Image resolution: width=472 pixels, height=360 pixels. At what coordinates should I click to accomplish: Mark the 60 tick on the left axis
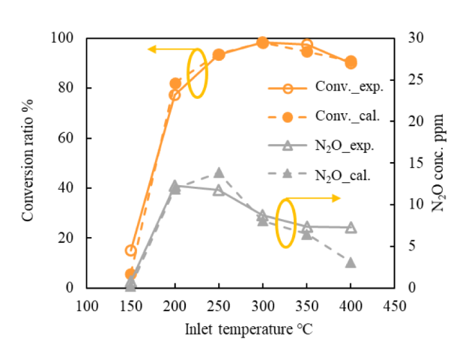(x=65, y=138)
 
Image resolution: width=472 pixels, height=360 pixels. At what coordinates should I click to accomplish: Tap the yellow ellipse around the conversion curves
(x=196, y=73)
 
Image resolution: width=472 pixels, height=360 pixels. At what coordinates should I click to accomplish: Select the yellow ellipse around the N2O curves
(x=285, y=223)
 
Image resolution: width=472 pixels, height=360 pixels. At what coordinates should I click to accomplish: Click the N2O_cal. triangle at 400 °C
(x=351, y=262)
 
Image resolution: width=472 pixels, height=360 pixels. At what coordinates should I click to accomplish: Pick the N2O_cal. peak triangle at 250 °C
(x=219, y=173)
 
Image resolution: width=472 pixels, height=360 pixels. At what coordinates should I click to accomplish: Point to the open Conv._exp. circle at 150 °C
(x=130, y=250)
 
